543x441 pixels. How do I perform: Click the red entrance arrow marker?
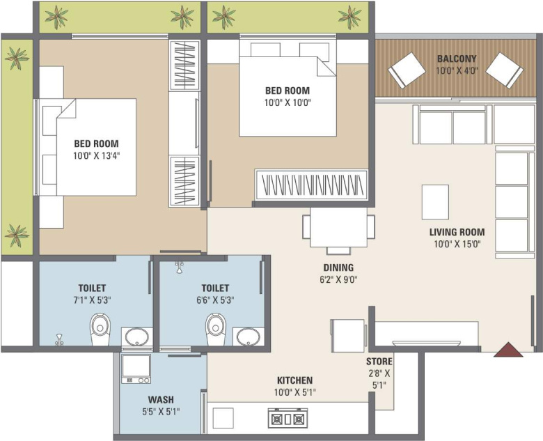508,350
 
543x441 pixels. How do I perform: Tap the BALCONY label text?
456,59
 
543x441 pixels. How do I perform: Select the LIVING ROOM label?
456,233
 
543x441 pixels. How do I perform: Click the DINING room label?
338,268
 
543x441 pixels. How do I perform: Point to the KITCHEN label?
294,380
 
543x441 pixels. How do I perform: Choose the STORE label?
379,362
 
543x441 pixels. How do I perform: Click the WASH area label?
160,400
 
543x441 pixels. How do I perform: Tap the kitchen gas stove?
287,419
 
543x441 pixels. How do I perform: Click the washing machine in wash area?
136,368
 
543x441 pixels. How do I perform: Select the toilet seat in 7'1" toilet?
101,326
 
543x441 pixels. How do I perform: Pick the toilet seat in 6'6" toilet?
216,326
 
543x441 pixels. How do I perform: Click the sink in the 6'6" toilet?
247,337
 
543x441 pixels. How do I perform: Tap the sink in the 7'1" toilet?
136,337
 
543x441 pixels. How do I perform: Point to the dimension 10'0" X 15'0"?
456,244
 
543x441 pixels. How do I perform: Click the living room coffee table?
436,201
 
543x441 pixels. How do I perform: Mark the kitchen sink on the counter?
223,418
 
